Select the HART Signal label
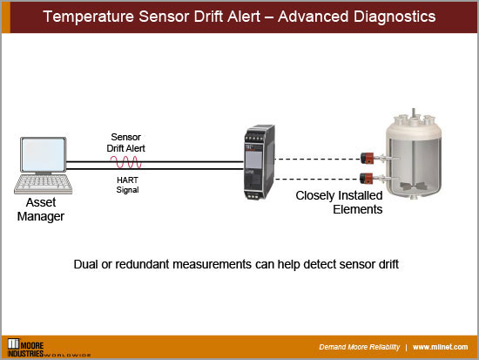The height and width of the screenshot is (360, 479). [127, 184]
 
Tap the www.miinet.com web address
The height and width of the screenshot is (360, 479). [442, 345]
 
